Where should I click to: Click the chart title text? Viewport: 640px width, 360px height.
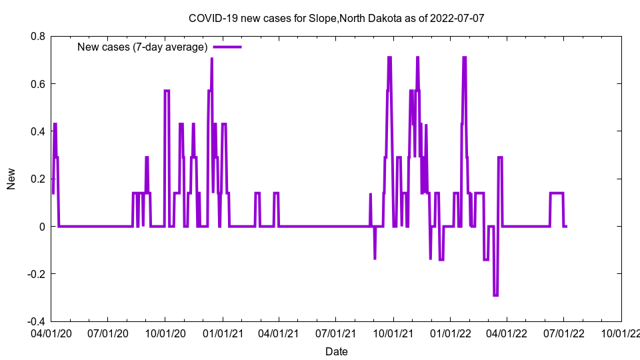[x=336, y=18]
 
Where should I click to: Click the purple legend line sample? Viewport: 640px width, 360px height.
[x=227, y=47]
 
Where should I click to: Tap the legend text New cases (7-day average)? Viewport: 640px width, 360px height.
[x=143, y=47]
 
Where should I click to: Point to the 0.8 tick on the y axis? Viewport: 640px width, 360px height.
[x=37, y=36]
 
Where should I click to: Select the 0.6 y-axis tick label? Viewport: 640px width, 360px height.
[x=37, y=84]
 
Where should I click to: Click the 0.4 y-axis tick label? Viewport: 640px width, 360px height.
[x=37, y=131]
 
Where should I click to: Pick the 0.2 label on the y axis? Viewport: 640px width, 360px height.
[x=37, y=179]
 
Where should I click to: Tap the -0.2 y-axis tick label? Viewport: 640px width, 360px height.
[x=35, y=274]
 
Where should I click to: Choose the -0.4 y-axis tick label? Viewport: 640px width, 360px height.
[x=35, y=321]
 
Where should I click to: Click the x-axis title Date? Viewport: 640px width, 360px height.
[x=336, y=351]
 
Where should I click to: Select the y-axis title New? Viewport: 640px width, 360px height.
[x=11, y=179]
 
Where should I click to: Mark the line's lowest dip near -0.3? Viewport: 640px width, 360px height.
[x=495, y=295]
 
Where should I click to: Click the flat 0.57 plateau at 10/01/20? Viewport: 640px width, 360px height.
[x=167, y=91]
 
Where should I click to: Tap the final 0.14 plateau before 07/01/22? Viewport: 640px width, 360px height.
[x=557, y=193]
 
